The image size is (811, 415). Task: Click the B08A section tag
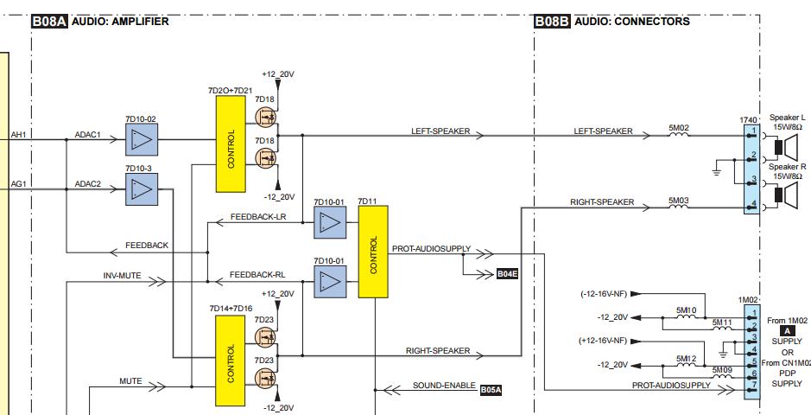point(49,22)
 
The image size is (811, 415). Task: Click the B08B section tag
point(552,22)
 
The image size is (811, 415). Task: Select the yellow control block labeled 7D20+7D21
point(231,144)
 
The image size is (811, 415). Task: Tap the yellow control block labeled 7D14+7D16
point(231,361)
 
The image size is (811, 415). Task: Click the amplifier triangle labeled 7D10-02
point(143,138)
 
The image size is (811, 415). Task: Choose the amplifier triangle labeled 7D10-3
point(143,188)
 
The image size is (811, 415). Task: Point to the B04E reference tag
point(508,274)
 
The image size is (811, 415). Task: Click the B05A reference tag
point(491,389)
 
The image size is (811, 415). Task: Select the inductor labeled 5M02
point(679,135)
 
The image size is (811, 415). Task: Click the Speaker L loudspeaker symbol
point(780,142)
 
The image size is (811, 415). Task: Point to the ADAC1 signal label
point(88,135)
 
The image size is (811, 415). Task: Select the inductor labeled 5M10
point(686,316)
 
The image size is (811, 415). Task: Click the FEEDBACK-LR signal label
point(257,216)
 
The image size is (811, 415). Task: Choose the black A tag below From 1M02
point(786,330)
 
